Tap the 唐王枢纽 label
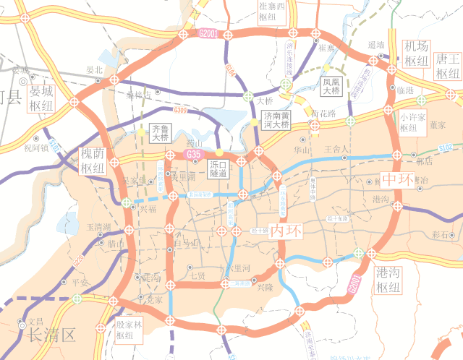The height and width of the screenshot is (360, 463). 449,66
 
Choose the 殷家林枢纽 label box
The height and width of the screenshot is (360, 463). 130,330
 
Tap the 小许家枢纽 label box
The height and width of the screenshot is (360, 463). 413,121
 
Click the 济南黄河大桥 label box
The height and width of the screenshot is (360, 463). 276,120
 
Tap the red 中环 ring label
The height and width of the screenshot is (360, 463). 399,179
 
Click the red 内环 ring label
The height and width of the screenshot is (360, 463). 285,231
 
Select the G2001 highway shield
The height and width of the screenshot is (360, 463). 208,33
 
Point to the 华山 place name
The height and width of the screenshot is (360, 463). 301,150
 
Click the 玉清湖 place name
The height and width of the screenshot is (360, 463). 98,226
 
